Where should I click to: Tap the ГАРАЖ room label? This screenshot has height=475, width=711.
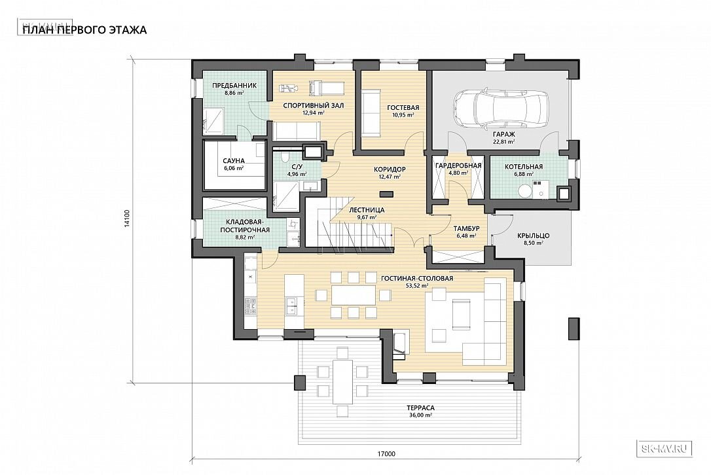[503, 135]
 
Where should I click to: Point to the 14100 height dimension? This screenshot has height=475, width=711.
[128, 218]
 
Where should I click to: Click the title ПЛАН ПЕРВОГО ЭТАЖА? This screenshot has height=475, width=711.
[84, 30]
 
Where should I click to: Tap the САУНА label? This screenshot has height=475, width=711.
[234, 160]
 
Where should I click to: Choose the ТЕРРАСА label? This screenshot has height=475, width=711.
[420, 408]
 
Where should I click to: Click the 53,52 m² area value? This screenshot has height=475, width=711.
[418, 286]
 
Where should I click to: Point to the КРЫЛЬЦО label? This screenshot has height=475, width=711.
[533, 236]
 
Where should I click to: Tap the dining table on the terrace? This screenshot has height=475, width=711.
[342, 381]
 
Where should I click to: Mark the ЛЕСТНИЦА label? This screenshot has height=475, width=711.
[367, 210]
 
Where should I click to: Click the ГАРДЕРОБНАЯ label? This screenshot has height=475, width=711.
[458, 166]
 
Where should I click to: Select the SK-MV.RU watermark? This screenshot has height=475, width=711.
[665, 449]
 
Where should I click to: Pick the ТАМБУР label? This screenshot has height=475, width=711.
[467, 228]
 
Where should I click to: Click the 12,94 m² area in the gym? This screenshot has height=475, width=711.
[314, 113]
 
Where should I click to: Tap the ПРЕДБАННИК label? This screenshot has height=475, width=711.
[234, 85]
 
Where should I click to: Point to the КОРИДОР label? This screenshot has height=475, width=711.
[390, 169]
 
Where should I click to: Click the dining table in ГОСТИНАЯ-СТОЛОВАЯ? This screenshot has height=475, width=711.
[354, 294]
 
